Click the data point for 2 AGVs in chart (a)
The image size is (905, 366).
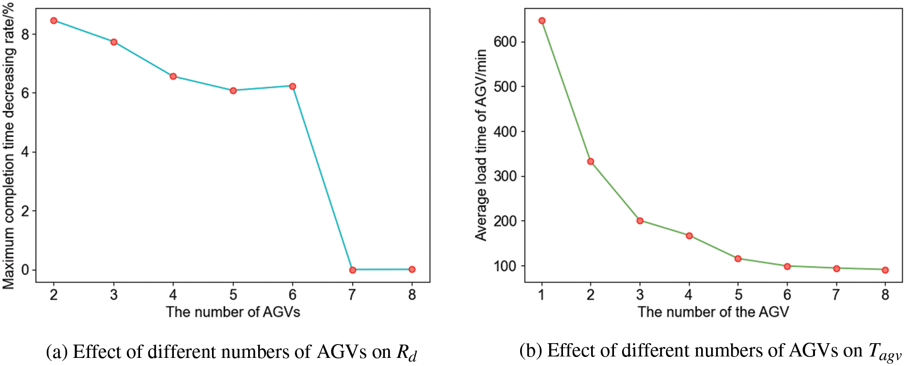click(54, 20)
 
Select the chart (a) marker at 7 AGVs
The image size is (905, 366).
click(352, 270)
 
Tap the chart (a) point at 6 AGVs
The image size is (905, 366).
click(292, 86)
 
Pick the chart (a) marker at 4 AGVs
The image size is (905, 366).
click(173, 76)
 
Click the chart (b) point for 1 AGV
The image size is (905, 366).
click(542, 20)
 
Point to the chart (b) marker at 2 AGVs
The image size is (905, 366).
click(591, 161)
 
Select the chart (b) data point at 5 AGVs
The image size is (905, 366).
click(738, 258)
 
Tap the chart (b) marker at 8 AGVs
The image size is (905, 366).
click(885, 270)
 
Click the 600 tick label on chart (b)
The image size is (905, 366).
click(505, 42)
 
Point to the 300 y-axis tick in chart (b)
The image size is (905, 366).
click(505, 176)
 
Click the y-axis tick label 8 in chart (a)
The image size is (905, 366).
click(25, 34)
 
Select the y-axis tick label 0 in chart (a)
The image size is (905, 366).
click(25, 270)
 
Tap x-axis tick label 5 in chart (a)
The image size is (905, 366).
click(233, 295)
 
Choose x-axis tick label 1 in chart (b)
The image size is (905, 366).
click(542, 295)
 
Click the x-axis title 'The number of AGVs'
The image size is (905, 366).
click(233, 312)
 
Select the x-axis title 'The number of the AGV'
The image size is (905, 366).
click(713, 312)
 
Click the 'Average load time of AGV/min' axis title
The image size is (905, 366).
click(481, 145)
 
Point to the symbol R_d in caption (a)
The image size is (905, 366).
click(407, 353)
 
